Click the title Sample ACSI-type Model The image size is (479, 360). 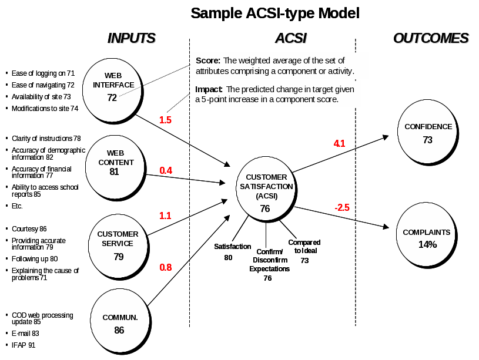click(274, 13)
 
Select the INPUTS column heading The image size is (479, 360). click(132, 39)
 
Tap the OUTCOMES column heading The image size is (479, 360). click(431, 39)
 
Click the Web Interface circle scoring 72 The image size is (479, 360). click(113, 86)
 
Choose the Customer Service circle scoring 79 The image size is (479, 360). click(118, 244)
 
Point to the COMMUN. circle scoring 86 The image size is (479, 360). click(120, 322)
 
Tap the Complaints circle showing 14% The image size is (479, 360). click(427, 238)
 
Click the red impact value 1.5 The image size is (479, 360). click(165, 120)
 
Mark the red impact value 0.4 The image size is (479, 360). click(165, 170)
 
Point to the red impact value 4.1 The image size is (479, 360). click(340, 143)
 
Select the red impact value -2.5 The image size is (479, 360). click(342, 208)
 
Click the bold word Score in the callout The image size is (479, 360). click(208, 60)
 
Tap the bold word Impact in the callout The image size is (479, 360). click(209, 89)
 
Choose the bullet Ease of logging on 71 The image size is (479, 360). click(43, 73)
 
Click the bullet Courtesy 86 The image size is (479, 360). click(29, 228)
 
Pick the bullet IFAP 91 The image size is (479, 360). click(24, 345)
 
